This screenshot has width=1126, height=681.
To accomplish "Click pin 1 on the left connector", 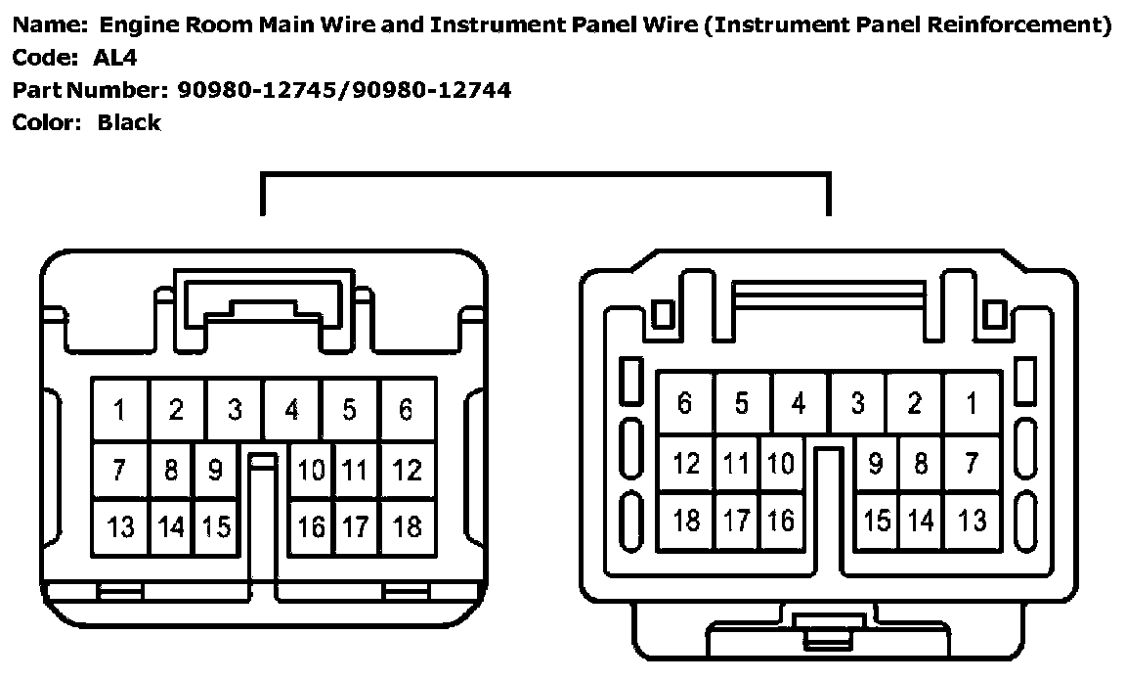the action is coord(119,410).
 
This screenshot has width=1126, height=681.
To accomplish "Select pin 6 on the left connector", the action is coord(407,410).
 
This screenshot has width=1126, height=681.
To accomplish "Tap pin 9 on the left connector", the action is coord(215,471).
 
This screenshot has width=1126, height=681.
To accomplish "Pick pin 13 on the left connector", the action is coord(120,527).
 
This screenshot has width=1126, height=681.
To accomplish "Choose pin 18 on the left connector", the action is coord(407,527).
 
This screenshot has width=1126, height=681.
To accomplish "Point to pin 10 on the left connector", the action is coord(312,471).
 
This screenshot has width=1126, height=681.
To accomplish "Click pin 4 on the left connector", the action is coord(291,410).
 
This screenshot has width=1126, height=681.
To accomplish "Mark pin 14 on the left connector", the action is coord(171,527).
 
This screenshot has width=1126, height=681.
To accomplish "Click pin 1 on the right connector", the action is coord(972,402).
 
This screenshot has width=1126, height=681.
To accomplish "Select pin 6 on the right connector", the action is coord(684,402).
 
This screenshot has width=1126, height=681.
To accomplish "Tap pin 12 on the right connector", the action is coord(686,463).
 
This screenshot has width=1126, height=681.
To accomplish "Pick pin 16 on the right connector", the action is coord(780,521).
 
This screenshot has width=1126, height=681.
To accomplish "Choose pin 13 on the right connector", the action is coord(972,521).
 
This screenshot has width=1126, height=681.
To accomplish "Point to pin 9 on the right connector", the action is coord(876,463).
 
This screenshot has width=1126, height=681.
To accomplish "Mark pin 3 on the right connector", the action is coord(857,402).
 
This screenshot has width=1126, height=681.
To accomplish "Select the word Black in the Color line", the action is coord(129,123).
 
